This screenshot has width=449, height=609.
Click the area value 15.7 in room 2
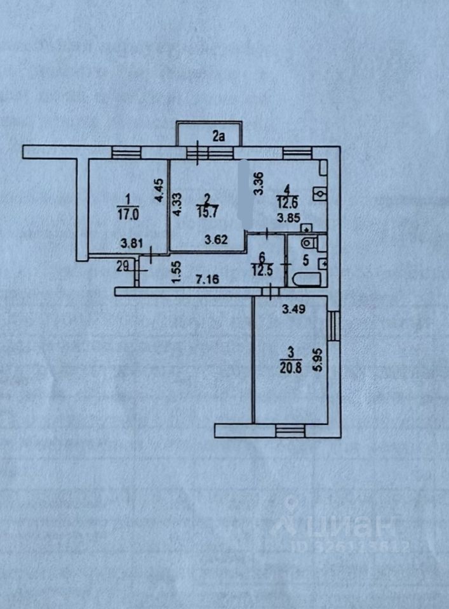click(204, 214)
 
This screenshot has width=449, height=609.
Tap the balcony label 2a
click(220, 135)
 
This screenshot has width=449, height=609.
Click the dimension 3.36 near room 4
click(257, 184)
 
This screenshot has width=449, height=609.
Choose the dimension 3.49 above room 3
click(293, 310)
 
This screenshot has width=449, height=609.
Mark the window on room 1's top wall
click(124, 152)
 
